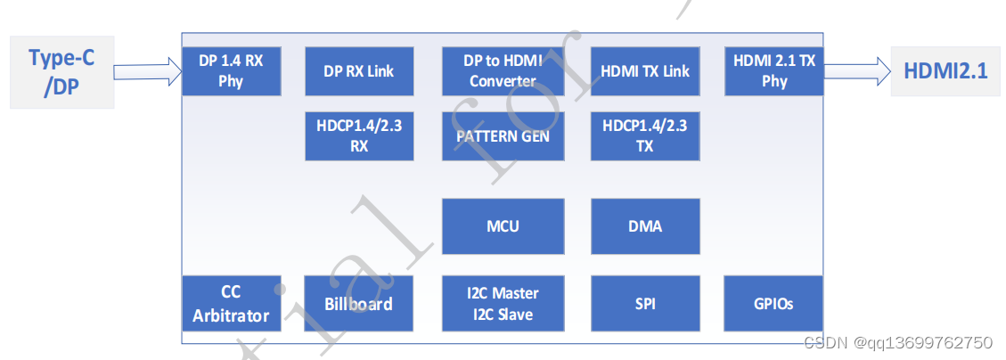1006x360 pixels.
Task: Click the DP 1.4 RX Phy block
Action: point(231,71)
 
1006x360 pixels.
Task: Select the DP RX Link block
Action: point(359,71)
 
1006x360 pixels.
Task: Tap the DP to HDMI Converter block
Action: point(503,71)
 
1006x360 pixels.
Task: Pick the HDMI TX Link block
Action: point(645,71)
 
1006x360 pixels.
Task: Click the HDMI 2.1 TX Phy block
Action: point(774,71)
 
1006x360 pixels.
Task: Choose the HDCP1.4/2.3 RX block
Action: point(359,136)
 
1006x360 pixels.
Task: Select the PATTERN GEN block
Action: point(503,136)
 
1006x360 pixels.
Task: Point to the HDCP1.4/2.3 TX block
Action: point(645,136)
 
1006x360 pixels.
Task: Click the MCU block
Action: point(503,226)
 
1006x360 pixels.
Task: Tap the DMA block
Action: point(645,226)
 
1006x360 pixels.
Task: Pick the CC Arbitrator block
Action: point(231,304)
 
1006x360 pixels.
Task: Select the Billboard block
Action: point(359,304)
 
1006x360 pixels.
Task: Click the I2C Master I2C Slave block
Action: point(503,304)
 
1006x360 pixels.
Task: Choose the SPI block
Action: point(645,304)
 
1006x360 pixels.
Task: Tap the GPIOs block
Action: point(774,304)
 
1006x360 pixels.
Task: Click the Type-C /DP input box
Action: point(61,71)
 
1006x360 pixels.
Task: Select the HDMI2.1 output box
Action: point(945,71)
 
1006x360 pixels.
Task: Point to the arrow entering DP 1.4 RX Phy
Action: point(148,71)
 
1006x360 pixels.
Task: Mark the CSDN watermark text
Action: point(897,342)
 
